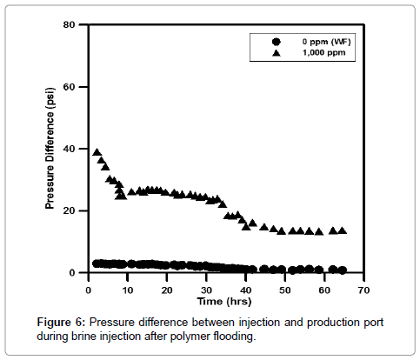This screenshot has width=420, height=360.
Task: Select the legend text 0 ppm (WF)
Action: [324, 41]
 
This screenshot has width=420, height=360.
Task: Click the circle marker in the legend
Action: [276, 41]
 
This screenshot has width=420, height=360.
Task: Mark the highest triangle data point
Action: [97, 152]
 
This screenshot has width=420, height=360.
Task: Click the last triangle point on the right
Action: [343, 230]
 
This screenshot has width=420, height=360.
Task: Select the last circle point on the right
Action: [343, 270]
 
